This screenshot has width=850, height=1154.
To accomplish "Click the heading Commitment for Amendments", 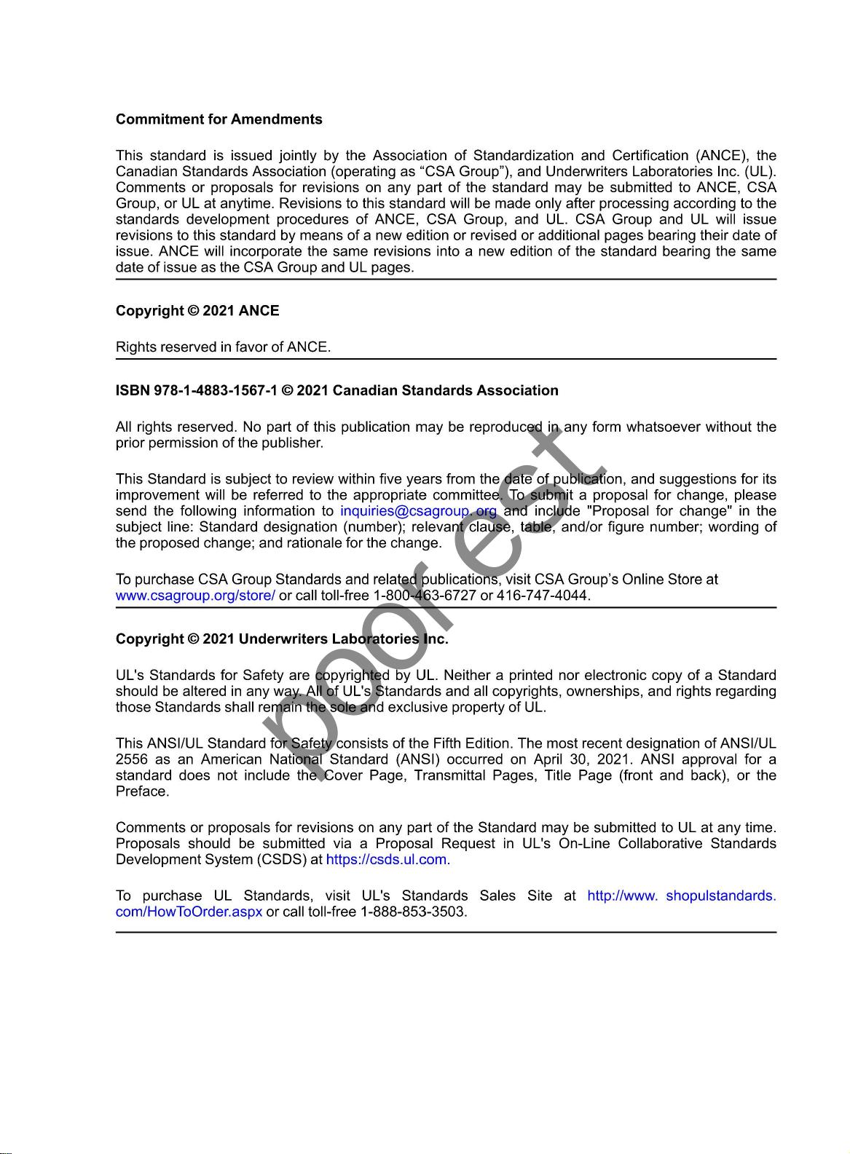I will pyautogui.click(x=219, y=119).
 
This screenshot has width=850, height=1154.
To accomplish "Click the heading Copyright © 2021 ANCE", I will pyautogui.click(x=197, y=311).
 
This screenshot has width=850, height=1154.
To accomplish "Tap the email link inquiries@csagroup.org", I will pyautogui.click(x=418, y=511).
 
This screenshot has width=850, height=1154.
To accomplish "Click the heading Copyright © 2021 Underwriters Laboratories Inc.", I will pyautogui.click(x=282, y=639).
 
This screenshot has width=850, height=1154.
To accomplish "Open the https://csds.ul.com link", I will pyautogui.click(x=387, y=860).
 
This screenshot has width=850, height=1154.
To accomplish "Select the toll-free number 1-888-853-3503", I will pyautogui.click(x=413, y=912).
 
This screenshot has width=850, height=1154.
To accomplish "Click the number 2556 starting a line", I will pyautogui.click(x=132, y=759).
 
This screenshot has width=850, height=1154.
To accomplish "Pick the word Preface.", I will pyautogui.click(x=142, y=791).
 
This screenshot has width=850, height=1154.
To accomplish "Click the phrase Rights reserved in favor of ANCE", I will pyautogui.click(x=223, y=347).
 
